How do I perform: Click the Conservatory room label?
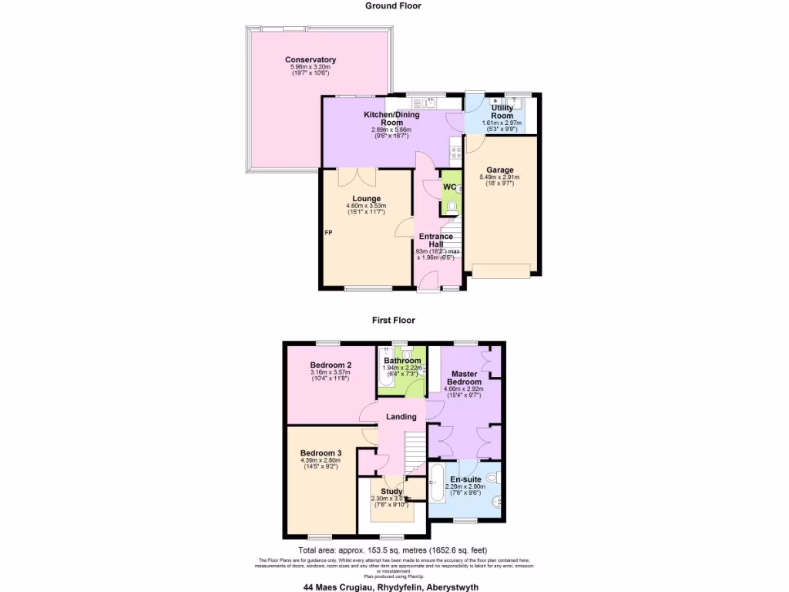pos(310,60)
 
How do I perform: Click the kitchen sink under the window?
pos(429,102)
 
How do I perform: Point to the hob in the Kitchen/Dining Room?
pos(455,153)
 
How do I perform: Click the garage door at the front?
pos(501,270)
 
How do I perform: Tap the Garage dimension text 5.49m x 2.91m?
pos(501,177)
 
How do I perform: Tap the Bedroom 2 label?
pos(331,365)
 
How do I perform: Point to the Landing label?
pos(401,416)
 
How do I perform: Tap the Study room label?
pos(392,491)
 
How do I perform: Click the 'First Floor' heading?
pos(394,320)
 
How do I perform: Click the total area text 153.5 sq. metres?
pos(394,549)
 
